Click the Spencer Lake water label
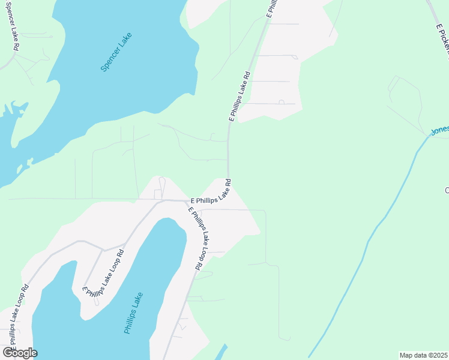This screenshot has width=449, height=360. [x=116, y=52]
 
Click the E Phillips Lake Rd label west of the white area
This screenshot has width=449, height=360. [x=238, y=96]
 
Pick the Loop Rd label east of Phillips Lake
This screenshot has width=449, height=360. [x=200, y=238]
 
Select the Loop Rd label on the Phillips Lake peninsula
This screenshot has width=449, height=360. [x=104, y=274]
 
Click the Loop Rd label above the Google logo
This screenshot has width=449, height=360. [x=18, y=315]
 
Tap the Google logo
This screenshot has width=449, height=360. [x=20, y=352]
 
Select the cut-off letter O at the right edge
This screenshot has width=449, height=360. [x=447, y=190]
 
